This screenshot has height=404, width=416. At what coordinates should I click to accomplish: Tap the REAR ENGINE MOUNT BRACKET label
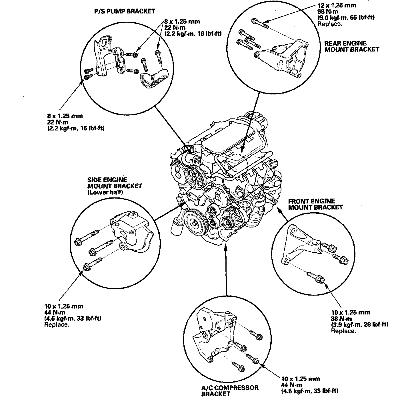point(351,46)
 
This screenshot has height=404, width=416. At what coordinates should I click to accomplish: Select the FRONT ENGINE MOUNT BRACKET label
point(315,204)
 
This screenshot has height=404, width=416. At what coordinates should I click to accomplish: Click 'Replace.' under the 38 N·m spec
point(344,331)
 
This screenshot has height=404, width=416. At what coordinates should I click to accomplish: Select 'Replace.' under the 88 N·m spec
point(330,24)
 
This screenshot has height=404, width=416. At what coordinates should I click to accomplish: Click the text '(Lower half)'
point(105,192)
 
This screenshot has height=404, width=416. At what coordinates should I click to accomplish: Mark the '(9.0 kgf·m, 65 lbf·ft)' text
point(346,18)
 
